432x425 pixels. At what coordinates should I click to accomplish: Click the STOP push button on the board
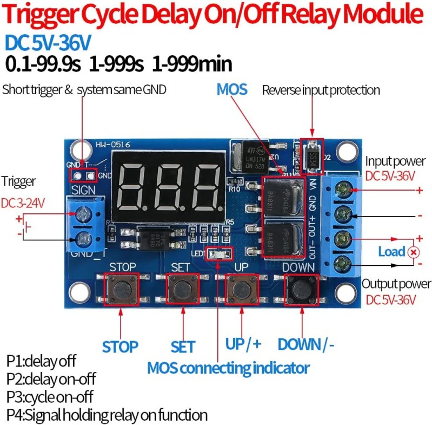tap(122, 290)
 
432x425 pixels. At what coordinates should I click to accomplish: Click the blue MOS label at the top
tap(232, 89)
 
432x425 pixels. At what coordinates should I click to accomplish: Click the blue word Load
tap(391, 252)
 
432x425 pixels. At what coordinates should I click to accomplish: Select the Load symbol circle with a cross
tap(414, 252)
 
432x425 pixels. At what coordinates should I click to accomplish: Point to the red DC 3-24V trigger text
tap(22, 202)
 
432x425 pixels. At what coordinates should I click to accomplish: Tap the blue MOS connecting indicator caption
tap(228, 369)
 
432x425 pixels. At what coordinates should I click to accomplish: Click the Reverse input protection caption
tap(321, 90)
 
